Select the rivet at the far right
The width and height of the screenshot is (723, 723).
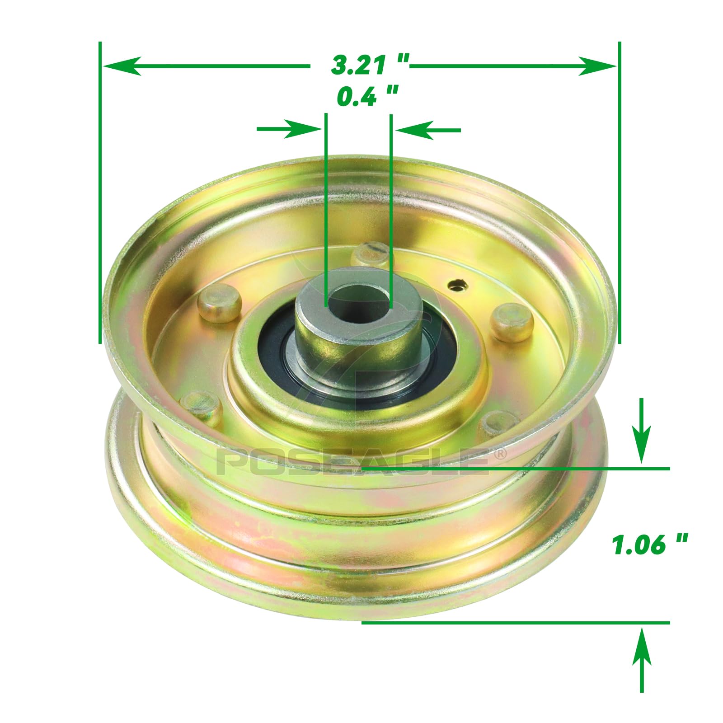pyautogui.click(x=512, y=321)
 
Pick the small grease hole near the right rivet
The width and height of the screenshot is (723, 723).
pyautogui.click(x=458, y=285)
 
